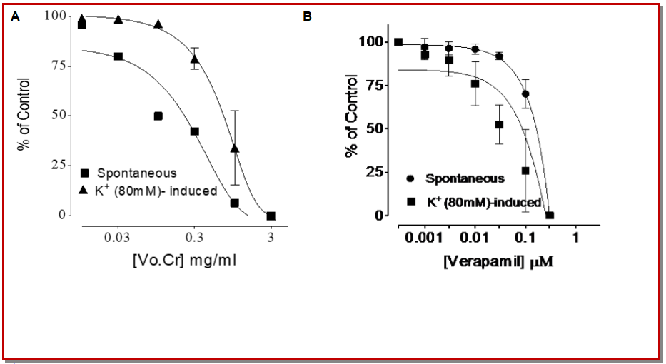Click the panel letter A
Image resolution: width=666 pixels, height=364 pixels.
pos(15,17)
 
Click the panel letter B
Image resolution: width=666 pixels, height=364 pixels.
pos(308,16)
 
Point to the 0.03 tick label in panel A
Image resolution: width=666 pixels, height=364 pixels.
pos(117,236)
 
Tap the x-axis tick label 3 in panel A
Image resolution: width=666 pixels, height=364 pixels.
pos(271,236)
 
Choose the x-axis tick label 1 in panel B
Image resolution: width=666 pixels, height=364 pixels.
pos(575,236)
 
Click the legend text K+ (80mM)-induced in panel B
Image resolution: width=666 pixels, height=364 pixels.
pos(483,202)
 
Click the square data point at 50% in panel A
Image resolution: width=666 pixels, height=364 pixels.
pos(158,116)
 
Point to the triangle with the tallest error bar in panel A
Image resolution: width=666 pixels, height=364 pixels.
pos(235,148)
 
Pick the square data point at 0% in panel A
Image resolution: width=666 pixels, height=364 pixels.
pos(271,216)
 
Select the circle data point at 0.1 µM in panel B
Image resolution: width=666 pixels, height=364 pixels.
pos(525,93)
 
